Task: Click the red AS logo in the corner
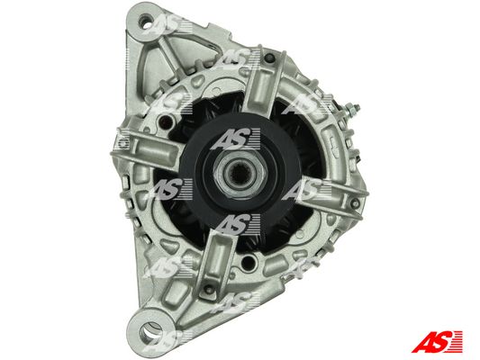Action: pyautogui.click(x=437, y=342)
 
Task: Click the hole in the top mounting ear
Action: pyautogui.click(x=144, y=22)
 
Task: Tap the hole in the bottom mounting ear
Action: pyautogui.click(x=151, y=330)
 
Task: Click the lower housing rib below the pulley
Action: pyautogui.click(x=217, y=260)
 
